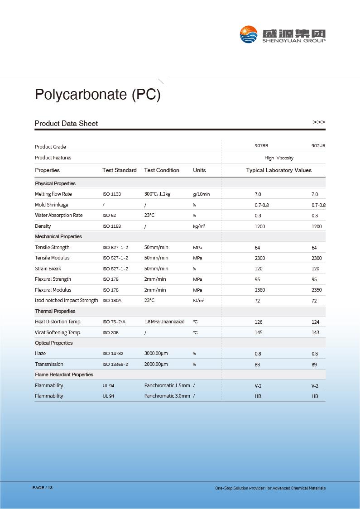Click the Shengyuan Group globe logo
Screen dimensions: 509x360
[249, 34]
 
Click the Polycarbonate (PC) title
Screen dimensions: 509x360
[97, 94]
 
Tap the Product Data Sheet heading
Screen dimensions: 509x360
[66, 123]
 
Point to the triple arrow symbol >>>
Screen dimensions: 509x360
[319, 122]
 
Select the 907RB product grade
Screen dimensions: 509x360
[261, 146]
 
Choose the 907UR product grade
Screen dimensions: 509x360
[318, 146]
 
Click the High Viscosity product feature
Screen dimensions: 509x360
[279, 158]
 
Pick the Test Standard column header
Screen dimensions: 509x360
[119, 170]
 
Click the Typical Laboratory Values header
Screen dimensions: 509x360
[279, 170]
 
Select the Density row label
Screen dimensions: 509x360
[43, 226]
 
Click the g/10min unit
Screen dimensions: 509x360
[201, 194]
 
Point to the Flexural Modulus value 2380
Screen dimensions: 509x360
[260, 290]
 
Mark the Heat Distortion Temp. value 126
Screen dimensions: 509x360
[259, 322]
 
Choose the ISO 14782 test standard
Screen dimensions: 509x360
[113, 354]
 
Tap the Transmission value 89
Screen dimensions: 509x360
[314, 365]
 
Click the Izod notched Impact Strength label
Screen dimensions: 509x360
[67, 300]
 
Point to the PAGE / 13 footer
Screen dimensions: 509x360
[43, 488]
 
